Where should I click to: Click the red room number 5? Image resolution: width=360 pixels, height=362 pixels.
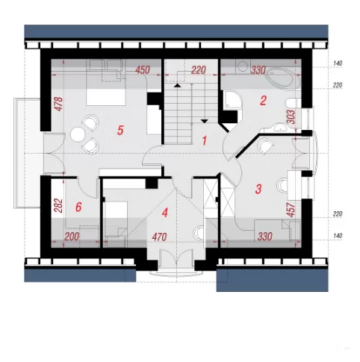[x=120, y=131]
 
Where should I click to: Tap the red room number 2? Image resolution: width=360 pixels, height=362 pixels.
[x=263, y=101]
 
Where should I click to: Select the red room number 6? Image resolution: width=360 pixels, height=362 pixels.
[x=78, y=207]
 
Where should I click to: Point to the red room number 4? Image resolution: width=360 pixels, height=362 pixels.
[x=165, y=213]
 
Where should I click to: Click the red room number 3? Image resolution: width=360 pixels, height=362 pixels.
[x=258, y=189]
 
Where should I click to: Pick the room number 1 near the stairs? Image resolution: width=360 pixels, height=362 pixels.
[x=205, y=141]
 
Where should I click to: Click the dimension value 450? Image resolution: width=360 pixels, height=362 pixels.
[x=143, y=70]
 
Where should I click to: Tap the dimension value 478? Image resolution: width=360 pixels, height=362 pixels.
[x=59, y=104]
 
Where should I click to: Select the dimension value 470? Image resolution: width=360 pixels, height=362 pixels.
[x=159, y=237]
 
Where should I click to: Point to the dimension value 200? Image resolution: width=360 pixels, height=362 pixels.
[x=72, y=237]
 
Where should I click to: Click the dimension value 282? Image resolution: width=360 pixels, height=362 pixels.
[x=58, y=205]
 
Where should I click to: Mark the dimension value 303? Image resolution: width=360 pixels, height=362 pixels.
[x=291, y=116]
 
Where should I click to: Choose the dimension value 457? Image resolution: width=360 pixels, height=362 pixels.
[x=291, y=210]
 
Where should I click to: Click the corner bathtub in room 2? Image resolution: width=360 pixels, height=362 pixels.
[x=283, y=78]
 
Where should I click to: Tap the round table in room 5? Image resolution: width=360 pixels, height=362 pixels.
[x=78, y=134]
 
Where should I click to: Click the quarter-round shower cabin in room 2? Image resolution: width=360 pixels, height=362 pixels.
[x=232, y=100]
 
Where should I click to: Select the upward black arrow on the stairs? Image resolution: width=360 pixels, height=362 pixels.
[x=177, y=85]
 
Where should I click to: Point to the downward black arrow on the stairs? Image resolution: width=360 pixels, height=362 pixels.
[x=205, y=121]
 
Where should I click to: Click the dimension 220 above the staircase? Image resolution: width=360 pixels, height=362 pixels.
[x=199, y=70]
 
